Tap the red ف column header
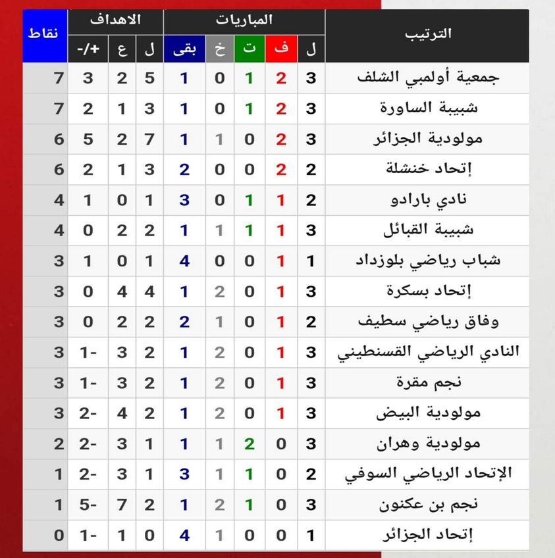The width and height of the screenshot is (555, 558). (281, 48)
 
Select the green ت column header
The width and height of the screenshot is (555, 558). (250, 48)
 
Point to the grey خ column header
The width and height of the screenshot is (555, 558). (219, 48)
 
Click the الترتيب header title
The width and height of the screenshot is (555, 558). (427, 34)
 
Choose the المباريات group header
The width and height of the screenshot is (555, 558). (244, 20)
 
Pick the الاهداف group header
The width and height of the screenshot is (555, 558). (116, 20)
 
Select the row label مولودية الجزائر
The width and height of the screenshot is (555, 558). (441, 139)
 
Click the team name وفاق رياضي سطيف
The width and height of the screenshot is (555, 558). (427, 322)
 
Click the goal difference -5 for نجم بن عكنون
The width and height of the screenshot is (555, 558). (87, 505)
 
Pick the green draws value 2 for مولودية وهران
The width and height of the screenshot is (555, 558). (250, 444)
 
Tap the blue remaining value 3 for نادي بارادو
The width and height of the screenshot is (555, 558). (184, 199)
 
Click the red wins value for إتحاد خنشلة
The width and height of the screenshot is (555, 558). (281, 169)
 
